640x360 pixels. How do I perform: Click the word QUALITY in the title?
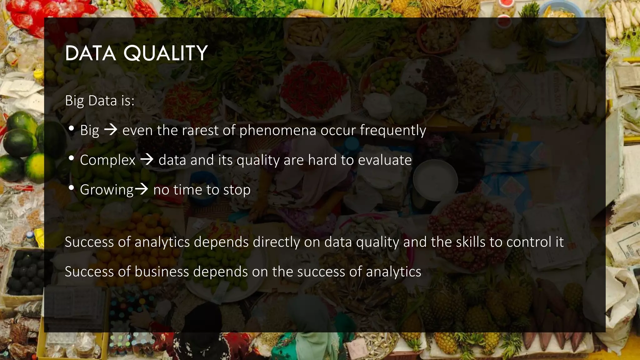pos(166,53)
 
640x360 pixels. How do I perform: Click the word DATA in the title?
pos(91,53)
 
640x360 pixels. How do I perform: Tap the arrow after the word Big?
pos(111,130)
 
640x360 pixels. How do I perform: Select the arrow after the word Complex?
pos(147,160)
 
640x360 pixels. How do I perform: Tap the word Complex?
pos(107,160)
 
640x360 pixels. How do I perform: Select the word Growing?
pos(107,190)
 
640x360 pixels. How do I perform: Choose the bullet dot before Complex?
pos(71,158)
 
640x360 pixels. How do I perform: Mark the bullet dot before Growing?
pos(71,188)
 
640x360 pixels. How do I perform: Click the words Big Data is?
pos(100,101)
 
